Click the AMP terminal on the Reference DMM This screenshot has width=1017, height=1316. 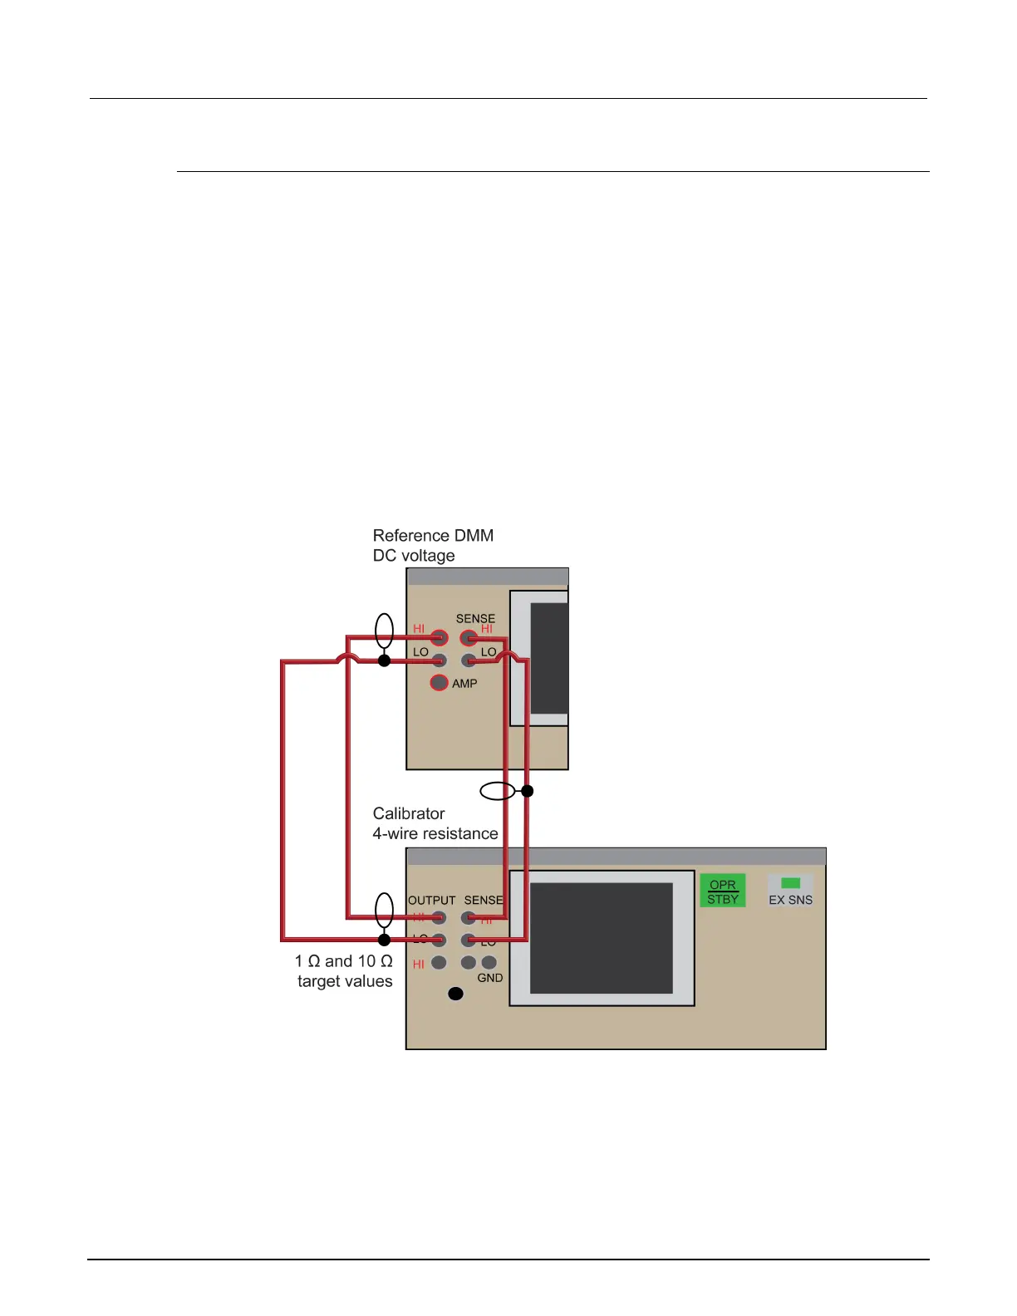point(439,683)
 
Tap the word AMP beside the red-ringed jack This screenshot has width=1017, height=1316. point(464,684)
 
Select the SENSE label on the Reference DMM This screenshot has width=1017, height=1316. point(475,618)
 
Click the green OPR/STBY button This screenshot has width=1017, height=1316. point(723,891)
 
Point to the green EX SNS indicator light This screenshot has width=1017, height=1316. point(791,883)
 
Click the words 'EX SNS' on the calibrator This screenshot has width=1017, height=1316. point(791,900)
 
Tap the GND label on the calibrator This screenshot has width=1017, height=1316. point(490,978)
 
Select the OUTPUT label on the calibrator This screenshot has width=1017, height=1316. point(431,900)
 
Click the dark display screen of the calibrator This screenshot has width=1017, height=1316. point(601,938)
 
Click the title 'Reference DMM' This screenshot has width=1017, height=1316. point(433,536)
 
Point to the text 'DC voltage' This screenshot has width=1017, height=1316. point(414,556)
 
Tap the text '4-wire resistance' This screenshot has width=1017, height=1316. point(435,833)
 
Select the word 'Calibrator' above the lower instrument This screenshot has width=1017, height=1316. point(409,813)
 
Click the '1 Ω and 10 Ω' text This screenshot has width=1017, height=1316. point(343,961)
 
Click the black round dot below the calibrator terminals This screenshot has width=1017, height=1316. point(455,994)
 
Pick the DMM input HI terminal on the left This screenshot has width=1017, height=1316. point(439,638)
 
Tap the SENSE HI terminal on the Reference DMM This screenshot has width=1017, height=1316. point(469,638)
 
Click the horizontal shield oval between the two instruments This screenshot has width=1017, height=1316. point(498,790)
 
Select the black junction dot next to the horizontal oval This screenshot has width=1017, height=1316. point(527,790)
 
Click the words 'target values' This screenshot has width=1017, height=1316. point(345,981)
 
